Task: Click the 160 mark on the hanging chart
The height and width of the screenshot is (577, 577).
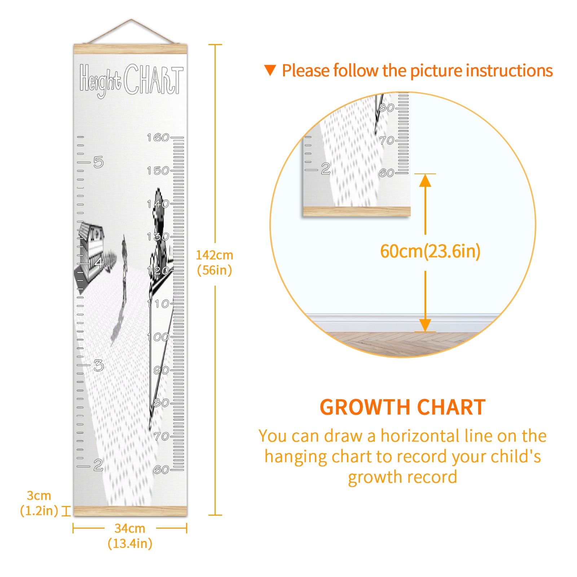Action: pyautogui.click(x=158, y=137)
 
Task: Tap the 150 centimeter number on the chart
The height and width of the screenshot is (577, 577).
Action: pyautogui.click(x=158, y=171)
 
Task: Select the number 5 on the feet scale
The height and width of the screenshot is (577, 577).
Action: pyautogui.click(x=98, y=162)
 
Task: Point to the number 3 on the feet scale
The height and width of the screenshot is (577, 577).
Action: pyautogui.click(x=98, y=366)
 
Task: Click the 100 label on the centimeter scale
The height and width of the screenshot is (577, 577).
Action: pyautogui.click(x=158, y=337)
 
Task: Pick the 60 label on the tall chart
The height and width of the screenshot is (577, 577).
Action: pyautogui.click(x=161, y=470)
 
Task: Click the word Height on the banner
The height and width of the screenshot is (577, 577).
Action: pyautogui.click(x=101, y=80)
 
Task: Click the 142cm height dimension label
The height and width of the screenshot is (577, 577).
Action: pyautogui.click(x=214, y=263)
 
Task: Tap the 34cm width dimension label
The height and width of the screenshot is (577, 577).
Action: pyautogui.click(x=130, y=536)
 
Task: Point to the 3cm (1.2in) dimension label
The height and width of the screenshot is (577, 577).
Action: pyautogui.click(x=39, y=503)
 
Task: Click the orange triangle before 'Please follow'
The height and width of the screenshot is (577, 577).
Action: pyautogui.click(x=270, y=70)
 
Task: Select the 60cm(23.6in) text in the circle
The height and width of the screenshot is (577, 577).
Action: pyautogui.click(x=430, y=251)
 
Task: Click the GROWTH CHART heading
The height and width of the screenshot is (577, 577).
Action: pyautogui.click(x=403, y=407)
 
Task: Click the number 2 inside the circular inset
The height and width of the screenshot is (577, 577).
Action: pyautogui.click(x=326, y=169)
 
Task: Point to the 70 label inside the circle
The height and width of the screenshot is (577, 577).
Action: pyautogui.click(x=387, y=140)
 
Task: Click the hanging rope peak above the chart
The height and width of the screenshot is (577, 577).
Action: pyautogui.click(x=131, y=19)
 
